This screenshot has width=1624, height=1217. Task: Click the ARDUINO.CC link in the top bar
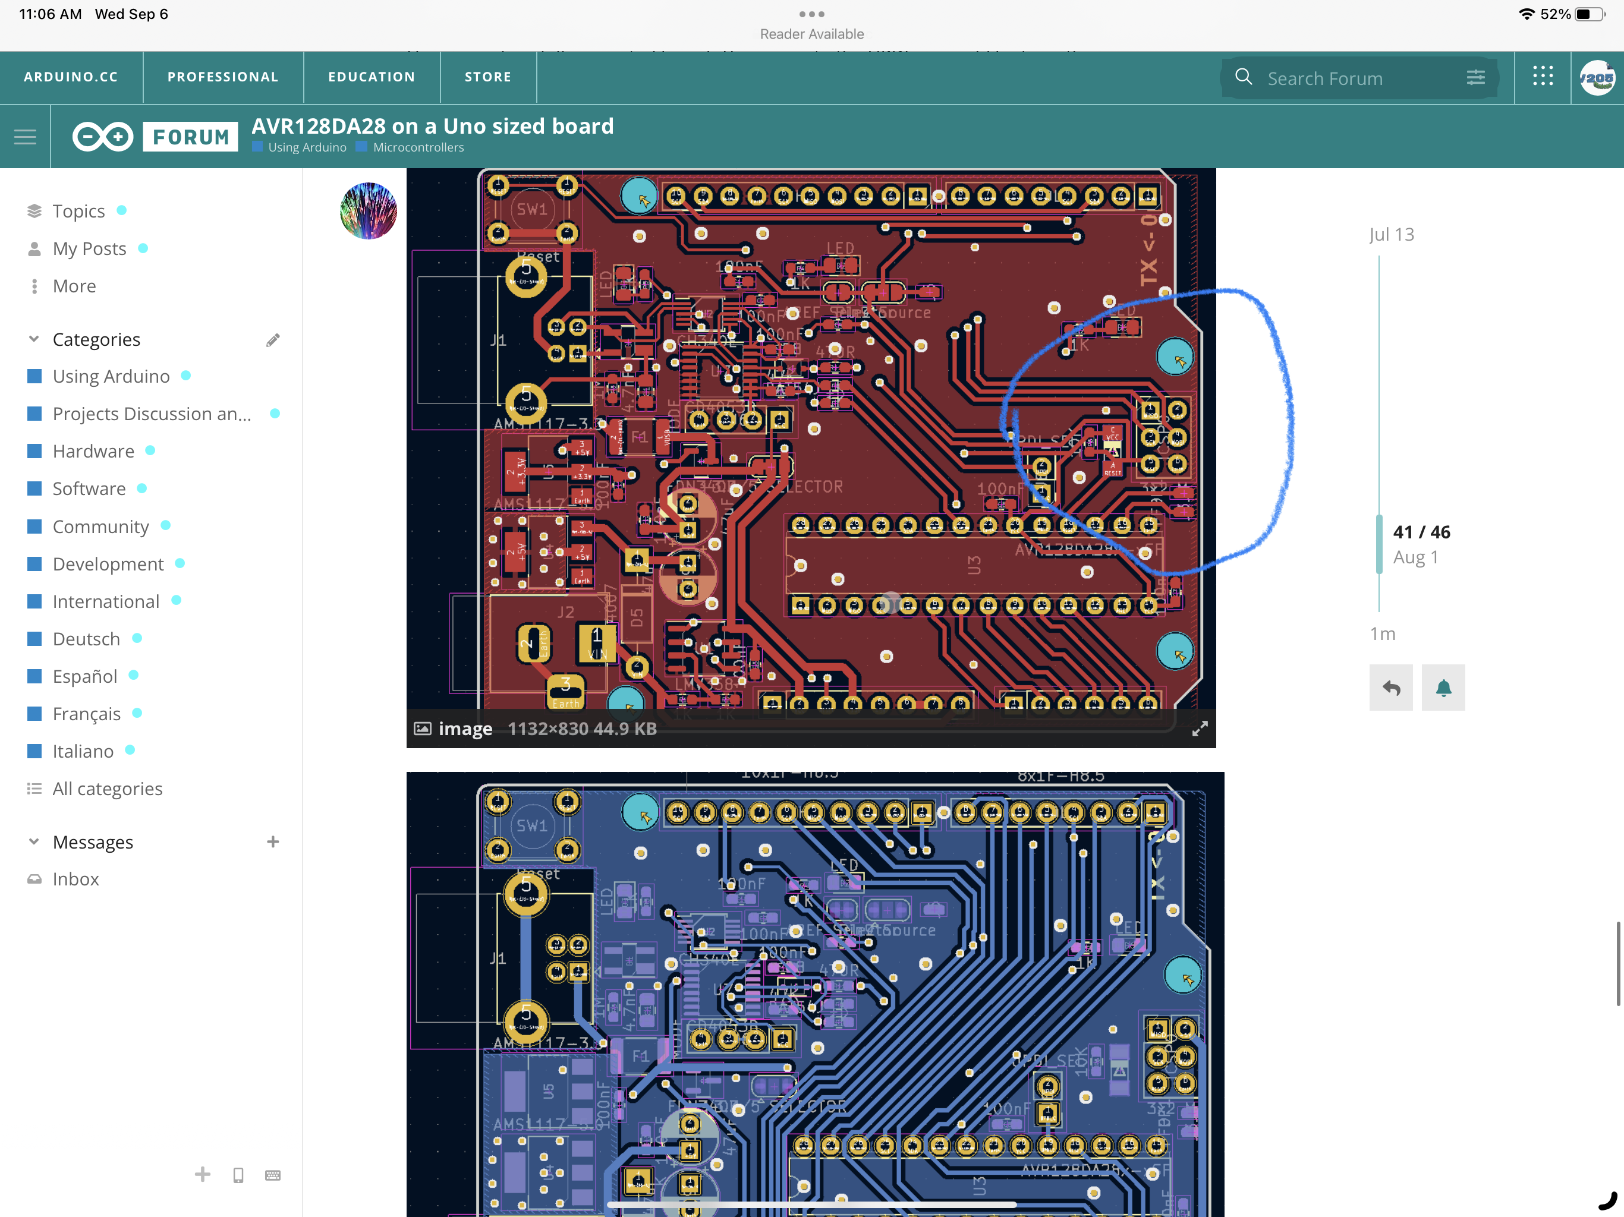(71, 77)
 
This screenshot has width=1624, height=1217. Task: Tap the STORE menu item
(487, 77)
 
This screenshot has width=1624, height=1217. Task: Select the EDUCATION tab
(372, 77)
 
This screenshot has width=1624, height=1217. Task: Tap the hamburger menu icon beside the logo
(25, 137)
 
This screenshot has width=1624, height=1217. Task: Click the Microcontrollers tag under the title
(418, 147)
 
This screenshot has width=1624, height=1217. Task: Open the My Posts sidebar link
(89, 249)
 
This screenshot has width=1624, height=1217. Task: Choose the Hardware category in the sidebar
(93, 452)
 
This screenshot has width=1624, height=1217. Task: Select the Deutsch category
(86, 639)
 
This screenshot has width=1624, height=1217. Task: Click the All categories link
(107, 789)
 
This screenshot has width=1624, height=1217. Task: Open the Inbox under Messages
(75, 879)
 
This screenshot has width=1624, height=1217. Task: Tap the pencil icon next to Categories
(273, 340)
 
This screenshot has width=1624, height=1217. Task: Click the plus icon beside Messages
(273, 842)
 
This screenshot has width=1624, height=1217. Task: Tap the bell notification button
(1443, 688)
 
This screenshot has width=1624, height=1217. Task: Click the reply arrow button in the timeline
(1390, 688)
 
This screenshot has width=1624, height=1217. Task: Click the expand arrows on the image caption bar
(1200, 729)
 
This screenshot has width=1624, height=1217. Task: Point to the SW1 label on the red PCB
(531, 209)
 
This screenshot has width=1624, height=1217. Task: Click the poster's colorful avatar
(369, 212)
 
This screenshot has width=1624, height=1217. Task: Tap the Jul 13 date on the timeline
(1391, 234)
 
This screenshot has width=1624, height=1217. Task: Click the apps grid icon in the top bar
(1543, 76)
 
